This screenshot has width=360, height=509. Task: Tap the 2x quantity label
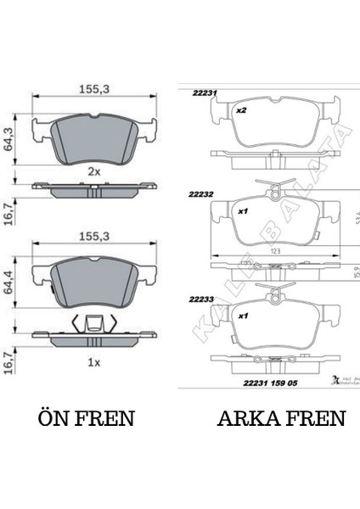pos(93,171)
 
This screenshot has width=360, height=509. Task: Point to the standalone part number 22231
pos(205,94)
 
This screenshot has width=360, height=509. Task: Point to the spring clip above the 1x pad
pos(94,324)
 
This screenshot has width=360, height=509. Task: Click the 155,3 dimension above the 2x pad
pos(94,86)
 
